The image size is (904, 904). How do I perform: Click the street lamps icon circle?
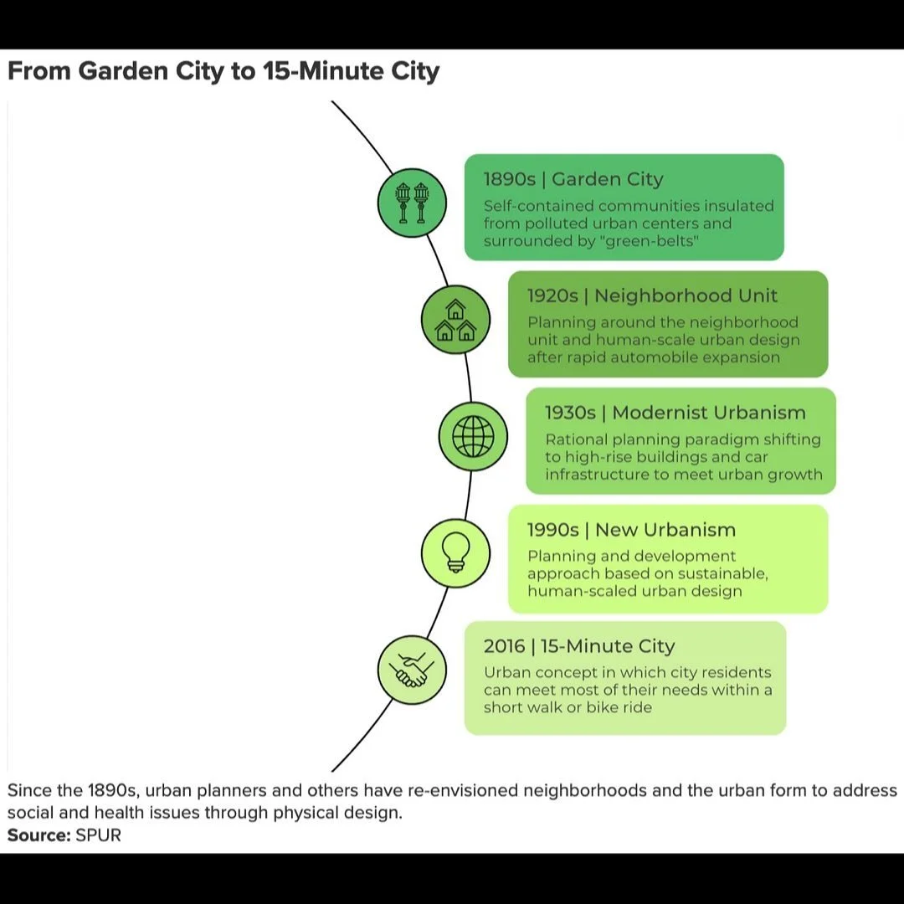412,203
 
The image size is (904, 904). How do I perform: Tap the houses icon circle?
455,320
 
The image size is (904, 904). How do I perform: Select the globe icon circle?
473,436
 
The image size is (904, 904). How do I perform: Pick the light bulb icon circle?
455,552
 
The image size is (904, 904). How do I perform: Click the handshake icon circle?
412,669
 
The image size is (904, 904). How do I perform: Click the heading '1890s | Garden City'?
573,179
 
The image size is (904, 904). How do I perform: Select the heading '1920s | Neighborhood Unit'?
652,295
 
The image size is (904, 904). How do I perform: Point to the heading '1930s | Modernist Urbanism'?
675,413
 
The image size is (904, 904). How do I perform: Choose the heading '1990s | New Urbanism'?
631,530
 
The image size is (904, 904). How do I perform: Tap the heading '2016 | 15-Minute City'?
578,646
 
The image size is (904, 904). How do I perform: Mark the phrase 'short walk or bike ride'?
568,707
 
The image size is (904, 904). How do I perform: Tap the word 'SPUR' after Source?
99,835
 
